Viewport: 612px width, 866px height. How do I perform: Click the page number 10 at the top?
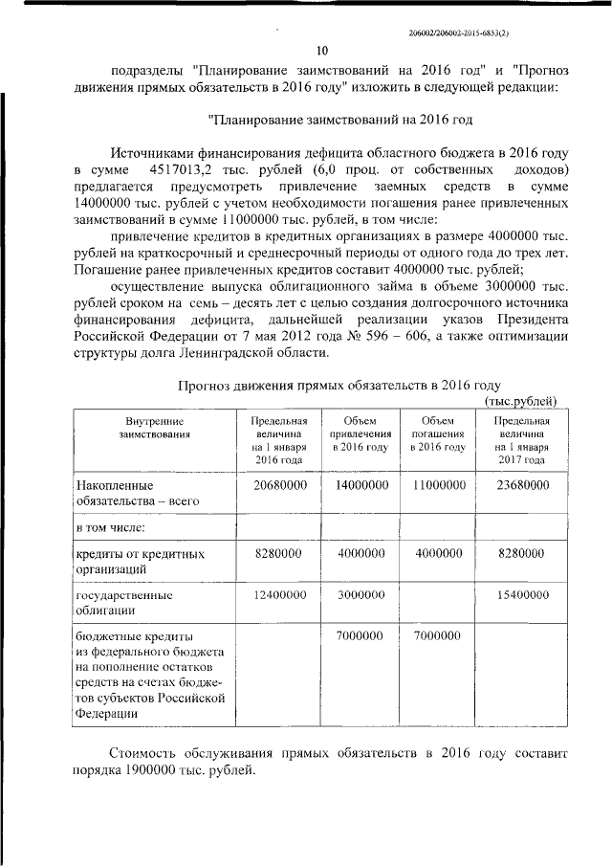322,51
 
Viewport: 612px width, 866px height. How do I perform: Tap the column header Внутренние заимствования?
153,428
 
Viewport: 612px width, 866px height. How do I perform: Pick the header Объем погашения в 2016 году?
438,434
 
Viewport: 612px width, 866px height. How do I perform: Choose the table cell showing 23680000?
522,485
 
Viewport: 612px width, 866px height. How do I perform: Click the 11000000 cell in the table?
438,485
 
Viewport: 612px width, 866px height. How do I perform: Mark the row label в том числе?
111,527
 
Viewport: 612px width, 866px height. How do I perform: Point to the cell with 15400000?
522,594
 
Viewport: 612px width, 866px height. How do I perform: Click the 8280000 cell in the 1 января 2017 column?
522,553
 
